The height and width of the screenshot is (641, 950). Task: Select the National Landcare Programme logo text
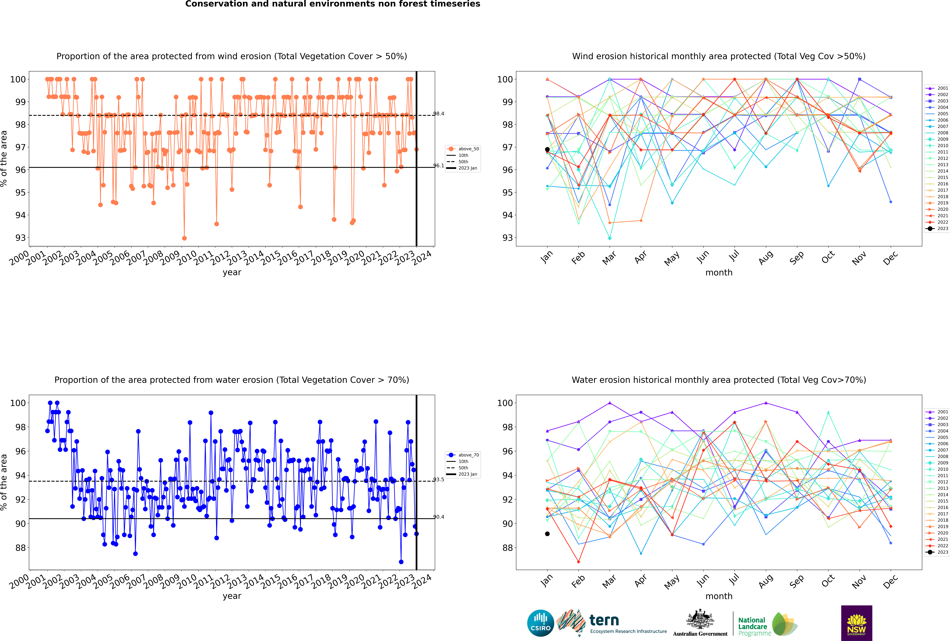pos(752,626)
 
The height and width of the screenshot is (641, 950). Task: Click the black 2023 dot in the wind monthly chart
pos(547,150)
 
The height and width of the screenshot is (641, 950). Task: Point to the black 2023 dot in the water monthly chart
pos(547,534)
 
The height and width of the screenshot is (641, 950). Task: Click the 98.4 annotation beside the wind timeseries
pos(439,114)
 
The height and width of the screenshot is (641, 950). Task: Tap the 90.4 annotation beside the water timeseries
pos(439,517)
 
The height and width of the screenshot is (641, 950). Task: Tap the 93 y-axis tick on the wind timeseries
pos(20,238)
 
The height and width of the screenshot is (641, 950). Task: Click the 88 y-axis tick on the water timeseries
pos(20,548)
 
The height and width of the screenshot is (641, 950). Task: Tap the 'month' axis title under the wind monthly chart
pos(719,273)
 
